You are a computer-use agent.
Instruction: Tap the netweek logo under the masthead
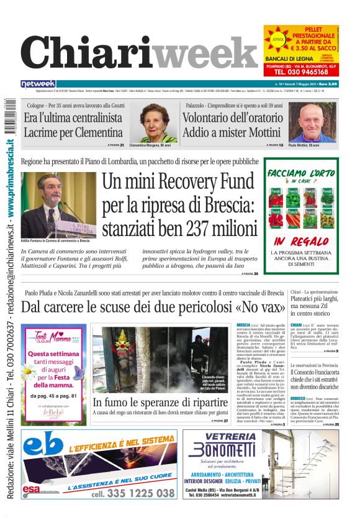[x=38, y=83]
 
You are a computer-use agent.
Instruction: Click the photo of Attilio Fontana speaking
[x=58, y=205]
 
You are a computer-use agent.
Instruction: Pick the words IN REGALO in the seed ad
[x=297, y=241]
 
